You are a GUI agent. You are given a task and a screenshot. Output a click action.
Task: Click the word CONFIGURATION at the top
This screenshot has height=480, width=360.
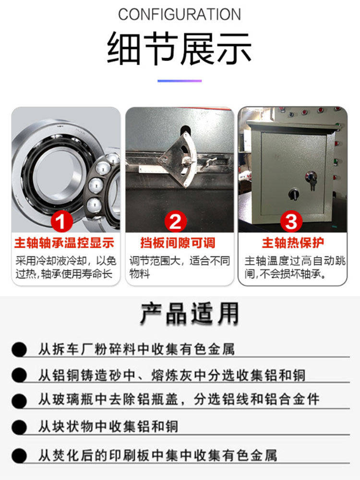coord(180,14)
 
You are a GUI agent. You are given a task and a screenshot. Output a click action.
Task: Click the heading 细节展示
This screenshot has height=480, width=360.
coord(180,48)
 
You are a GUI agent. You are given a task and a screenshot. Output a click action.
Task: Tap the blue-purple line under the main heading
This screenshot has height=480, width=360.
coord(180,81)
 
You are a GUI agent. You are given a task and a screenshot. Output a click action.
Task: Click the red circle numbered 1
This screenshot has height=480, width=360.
coord(62,221)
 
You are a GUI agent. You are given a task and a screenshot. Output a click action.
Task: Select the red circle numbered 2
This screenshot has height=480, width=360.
coord(175,221)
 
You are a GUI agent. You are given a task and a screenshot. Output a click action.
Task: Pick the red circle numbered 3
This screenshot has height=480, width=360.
coord(291,221)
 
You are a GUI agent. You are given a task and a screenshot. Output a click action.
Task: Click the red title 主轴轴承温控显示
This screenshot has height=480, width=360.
coord(64,243)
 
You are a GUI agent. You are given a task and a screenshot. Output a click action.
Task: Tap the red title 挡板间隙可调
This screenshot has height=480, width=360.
coord(178,243)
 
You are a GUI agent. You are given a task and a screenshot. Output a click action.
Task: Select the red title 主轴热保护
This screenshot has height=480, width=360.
coord(293,243)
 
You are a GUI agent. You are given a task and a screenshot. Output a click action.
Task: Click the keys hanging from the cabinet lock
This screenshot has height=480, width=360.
coord(312,182)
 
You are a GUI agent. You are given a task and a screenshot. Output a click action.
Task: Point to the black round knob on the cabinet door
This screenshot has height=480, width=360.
coord(294,193)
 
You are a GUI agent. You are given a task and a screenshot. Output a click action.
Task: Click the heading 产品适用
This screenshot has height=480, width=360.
coord(190,313)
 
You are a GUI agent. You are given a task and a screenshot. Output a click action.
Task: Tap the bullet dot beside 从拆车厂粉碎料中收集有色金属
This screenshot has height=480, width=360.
coord(19,349)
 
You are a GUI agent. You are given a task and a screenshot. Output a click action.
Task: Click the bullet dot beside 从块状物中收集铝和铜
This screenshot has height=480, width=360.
coord(19,427)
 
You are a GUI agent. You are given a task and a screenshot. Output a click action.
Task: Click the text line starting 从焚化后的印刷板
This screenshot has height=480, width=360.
coord(157,456)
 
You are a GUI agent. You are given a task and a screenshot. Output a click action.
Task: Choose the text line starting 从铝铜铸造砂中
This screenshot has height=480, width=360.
coord(172,375)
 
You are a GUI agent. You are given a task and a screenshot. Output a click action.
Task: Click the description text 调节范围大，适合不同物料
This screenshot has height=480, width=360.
coord(180,267)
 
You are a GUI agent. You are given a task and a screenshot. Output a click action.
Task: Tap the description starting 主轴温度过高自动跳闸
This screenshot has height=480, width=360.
coord(295,267)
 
